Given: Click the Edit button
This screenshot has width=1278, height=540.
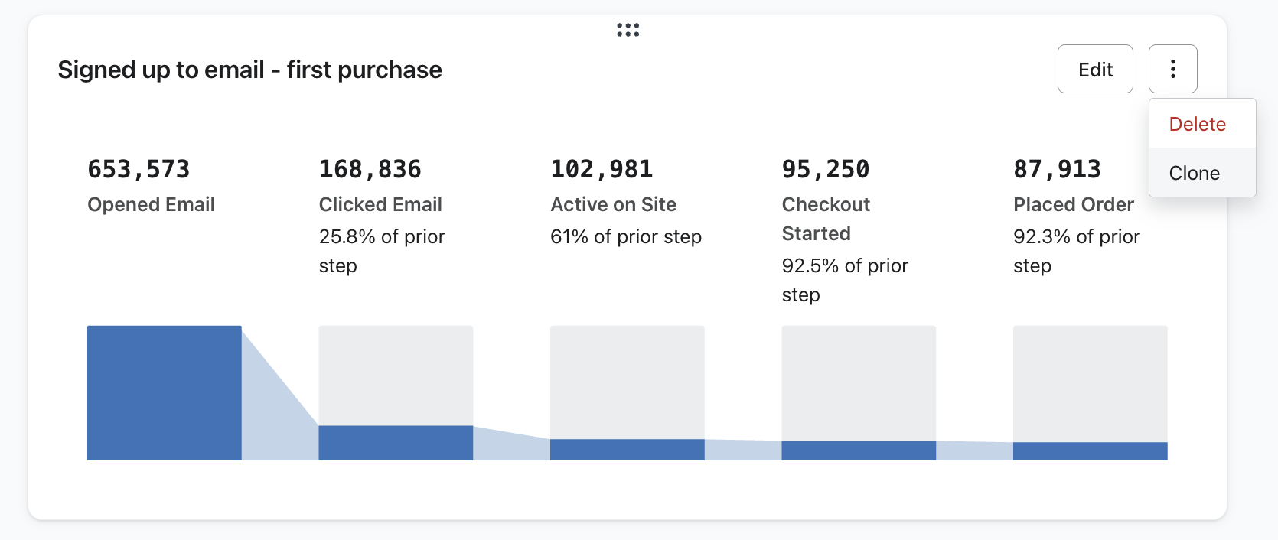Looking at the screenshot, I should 1095,70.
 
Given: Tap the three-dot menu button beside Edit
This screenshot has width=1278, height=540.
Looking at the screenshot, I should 1172,70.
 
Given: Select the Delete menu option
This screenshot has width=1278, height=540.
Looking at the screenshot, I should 1197,124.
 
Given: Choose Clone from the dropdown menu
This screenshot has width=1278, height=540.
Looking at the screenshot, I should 1194,173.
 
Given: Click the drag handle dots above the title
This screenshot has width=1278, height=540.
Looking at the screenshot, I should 628,30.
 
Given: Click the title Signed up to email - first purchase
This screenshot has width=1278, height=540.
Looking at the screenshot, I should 249,70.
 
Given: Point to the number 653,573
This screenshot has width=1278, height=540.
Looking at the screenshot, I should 139,169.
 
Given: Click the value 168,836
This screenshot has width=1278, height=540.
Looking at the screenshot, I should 370,169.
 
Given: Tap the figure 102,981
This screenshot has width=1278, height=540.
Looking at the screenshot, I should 602,169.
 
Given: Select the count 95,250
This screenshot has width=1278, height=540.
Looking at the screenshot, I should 825,169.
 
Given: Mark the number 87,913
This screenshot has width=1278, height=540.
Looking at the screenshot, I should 1057,169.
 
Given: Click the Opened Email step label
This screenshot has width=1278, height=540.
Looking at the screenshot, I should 151,204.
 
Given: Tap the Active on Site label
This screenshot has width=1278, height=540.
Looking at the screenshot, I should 613,204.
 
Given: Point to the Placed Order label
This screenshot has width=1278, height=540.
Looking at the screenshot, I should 1073,204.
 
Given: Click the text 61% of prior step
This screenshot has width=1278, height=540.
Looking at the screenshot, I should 625,236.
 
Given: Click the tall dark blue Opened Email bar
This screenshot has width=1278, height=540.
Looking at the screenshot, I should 164,392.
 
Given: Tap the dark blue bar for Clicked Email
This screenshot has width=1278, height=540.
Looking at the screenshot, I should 396,443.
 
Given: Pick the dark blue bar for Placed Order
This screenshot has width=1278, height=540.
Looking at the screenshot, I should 1090,451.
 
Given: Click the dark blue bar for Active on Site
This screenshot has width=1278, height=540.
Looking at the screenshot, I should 627,450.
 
